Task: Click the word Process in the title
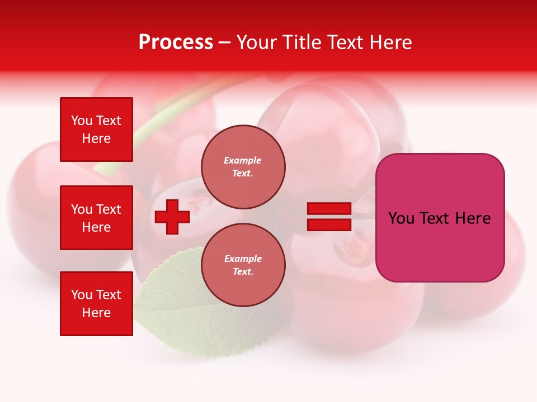(x=176, y=42)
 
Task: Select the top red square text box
(x=96, y=130)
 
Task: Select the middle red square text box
(x=96, y=218)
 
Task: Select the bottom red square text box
(x=96, y=304)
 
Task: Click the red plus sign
(x=172, y=217)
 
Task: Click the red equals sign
(x=329, y=217)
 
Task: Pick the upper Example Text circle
(x=243, y=166)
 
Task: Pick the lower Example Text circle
(x=243, y=265)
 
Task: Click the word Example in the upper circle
(x=242, y=160)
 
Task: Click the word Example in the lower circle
(x=243, y=259)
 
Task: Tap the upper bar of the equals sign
(x=329, y=209)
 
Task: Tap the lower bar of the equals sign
(x=329, y=224)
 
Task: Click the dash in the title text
(x=225, y=42)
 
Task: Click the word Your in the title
(x=256, y=42)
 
